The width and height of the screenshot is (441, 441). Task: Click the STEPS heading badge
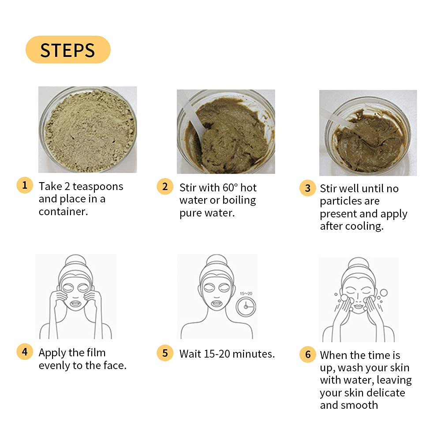(68, 49)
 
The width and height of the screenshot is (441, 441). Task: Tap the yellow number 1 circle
(25, 185)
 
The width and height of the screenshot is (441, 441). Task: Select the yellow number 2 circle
(165, 187)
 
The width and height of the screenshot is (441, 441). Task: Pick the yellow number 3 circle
(308, 188)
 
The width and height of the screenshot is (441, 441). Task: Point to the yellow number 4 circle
(25, 351)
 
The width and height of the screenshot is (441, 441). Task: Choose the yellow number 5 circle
(165, 353)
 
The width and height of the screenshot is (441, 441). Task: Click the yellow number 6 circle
(308, 355)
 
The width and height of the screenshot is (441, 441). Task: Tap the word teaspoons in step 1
(98, 187)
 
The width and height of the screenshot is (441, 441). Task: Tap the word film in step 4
(96, 352)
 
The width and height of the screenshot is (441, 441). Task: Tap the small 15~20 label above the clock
(246, 293)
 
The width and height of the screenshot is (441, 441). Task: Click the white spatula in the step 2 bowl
(194, 118)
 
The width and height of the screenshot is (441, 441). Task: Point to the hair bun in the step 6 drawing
(358, 263)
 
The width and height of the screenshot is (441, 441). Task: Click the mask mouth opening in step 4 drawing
(75, 304)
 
